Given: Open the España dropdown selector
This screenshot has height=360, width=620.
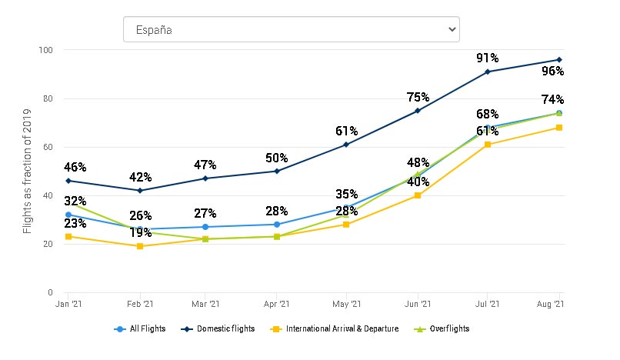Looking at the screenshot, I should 291,30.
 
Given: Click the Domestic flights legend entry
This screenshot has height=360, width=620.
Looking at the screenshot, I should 226,328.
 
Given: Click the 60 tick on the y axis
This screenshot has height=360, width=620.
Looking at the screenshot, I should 48,147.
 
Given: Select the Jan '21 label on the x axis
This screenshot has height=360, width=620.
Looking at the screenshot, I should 69,305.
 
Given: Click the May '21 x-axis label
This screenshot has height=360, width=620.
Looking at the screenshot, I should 347,305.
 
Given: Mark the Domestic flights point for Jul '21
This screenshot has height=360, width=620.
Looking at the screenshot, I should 488,72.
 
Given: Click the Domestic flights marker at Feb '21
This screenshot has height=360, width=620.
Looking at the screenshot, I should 139,191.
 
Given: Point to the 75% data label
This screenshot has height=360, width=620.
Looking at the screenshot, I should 418,97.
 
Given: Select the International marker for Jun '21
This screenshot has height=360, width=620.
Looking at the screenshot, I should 418,195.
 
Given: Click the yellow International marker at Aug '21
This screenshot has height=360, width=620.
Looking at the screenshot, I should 558,128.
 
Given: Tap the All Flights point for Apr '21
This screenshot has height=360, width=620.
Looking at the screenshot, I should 277,225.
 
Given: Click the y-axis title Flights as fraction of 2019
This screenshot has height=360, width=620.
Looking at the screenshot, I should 28,171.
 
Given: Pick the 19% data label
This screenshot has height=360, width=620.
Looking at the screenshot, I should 140,232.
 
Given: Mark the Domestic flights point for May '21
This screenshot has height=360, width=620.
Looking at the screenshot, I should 347,145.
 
